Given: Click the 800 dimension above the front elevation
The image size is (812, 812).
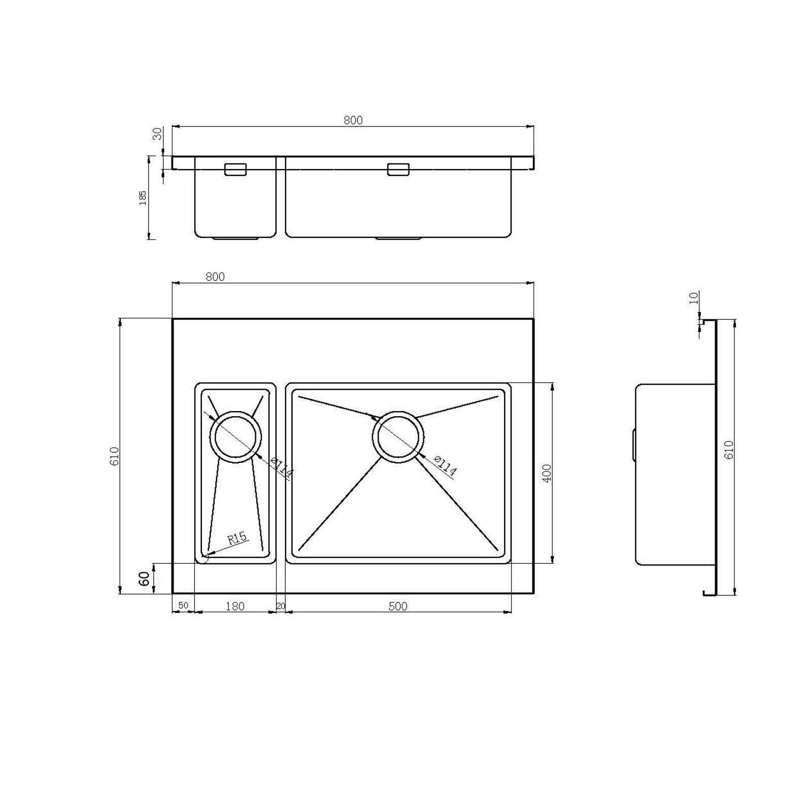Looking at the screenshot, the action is [353, 120].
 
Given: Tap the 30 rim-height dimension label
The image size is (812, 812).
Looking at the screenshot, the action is [157, 133].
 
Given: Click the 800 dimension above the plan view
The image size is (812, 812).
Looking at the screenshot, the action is [215, 277].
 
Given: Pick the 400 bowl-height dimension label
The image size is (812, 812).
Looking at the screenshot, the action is [547, 473].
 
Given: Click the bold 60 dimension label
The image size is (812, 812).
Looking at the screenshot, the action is [144, 579].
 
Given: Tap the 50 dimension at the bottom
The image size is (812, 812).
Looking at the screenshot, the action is [183, 605].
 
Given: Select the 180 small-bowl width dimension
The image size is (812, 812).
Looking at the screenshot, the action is [235, 606].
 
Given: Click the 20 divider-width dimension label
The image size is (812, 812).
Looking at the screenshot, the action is [281, 606].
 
